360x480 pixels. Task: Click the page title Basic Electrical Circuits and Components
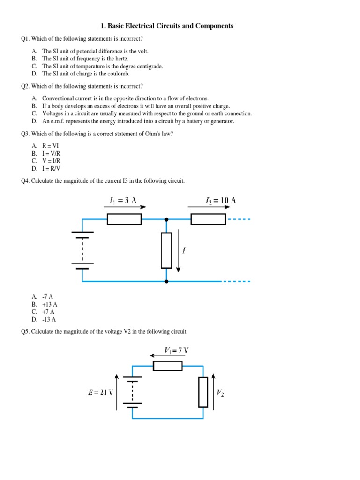[180, 26]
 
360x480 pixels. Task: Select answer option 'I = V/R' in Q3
[51, 153]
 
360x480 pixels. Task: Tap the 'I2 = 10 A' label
[221, 201]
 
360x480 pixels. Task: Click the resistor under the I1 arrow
[124, 219]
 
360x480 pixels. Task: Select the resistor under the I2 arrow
[209, 219]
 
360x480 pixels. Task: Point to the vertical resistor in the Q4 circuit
[166, 250]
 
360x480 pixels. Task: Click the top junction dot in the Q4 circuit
[166, 219]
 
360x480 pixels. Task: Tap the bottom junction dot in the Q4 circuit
[166, 281]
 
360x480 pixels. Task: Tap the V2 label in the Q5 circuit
[220, 392]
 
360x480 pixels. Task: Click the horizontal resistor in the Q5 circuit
[168, 366]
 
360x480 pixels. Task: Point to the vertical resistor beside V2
[203, 392]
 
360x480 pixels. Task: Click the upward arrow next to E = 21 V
[117, 391]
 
